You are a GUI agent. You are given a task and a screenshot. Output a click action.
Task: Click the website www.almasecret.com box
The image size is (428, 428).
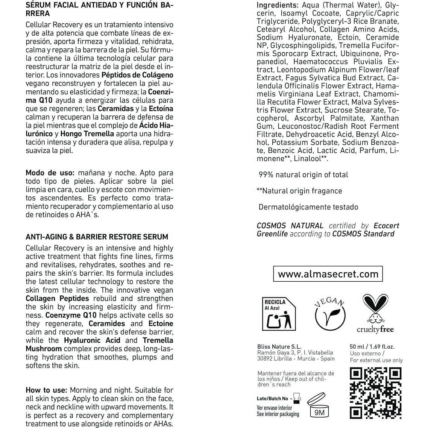(x=328, y=274)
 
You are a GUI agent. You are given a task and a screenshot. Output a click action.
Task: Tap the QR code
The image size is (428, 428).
(x=376, y=393)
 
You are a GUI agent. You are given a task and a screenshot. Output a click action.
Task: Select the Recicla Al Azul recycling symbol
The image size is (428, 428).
(x=278, y=314)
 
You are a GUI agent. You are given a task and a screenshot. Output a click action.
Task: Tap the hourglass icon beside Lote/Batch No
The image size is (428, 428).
(x=297, y=398)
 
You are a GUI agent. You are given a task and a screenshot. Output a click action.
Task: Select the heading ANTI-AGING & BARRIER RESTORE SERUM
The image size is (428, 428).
(x=97, y=237)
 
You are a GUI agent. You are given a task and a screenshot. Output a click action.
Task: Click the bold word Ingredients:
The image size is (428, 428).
(x=278, y=5)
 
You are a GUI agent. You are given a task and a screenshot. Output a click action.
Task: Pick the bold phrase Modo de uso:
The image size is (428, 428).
(x=50, y=173)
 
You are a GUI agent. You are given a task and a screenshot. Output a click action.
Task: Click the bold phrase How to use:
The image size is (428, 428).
(x=46, y=390)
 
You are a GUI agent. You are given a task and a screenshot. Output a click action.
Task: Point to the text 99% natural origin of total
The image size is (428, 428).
(x=303, y=175)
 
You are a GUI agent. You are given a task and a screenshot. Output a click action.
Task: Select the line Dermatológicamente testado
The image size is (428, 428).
(x=308, y=207)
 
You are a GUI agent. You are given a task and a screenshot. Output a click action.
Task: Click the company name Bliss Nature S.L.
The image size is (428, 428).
(x=279, y=346)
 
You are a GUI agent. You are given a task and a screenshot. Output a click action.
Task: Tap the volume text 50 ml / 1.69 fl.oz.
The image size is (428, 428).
(x=372, y=346)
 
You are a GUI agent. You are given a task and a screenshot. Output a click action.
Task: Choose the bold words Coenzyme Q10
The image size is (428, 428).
(x=71, y=315)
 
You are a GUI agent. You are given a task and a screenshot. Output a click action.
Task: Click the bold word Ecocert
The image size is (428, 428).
(x=386, y=226)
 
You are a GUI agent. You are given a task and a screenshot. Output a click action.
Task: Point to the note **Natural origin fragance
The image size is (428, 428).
(x=299, y=191)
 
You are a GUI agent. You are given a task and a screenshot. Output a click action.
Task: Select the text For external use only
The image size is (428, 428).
(x=376, y=360)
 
